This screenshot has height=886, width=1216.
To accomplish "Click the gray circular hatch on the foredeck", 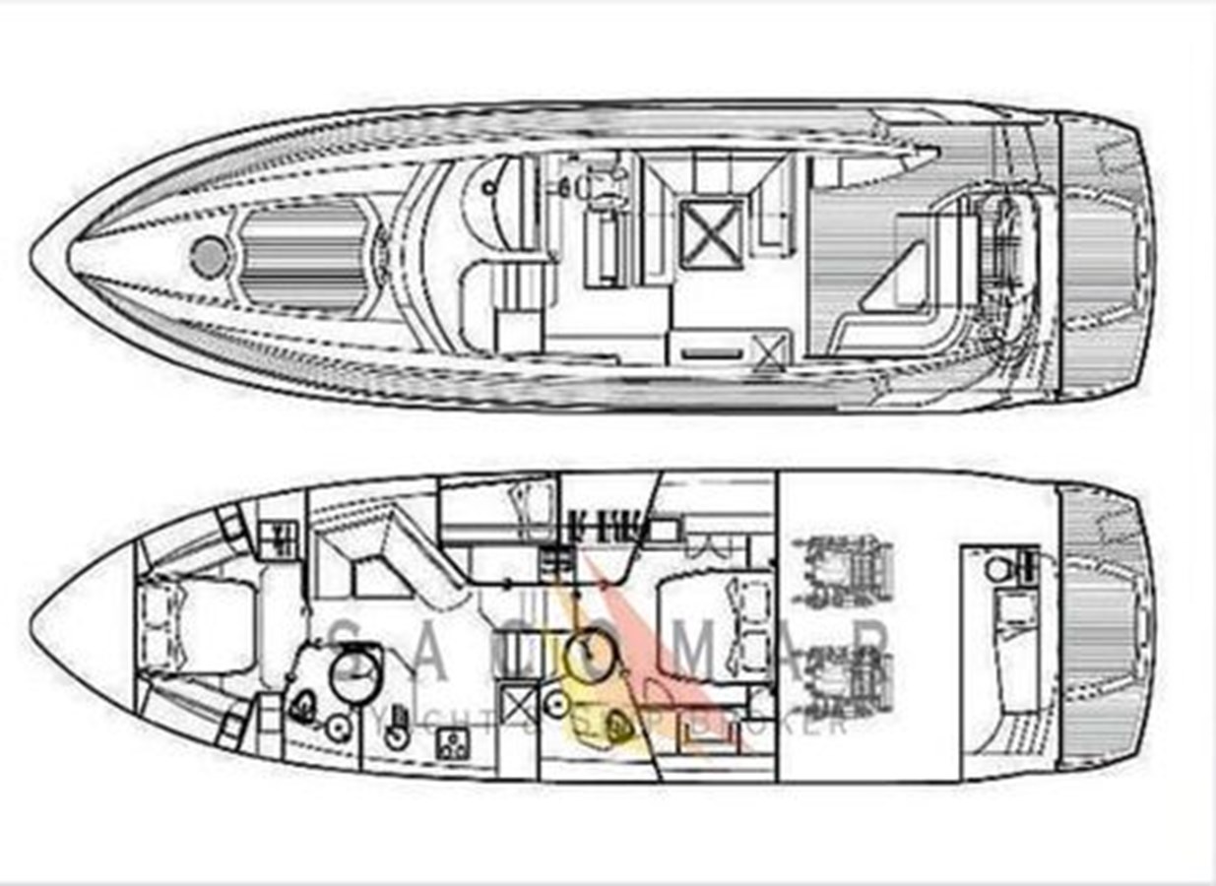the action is point(209,256).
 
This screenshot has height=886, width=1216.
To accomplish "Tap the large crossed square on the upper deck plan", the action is point(712,231).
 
